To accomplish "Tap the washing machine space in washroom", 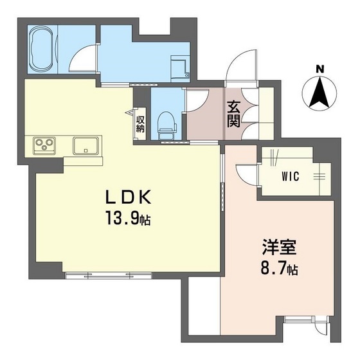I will tap(177, 66).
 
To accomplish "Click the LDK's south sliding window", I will tap(106, 275).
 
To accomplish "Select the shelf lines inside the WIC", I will tap(321, 174).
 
